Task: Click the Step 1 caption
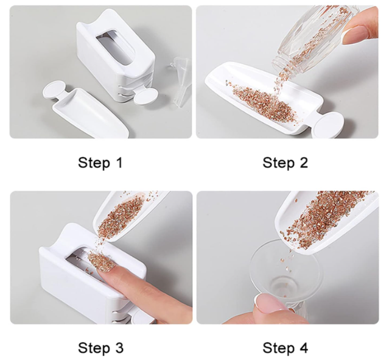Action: click(100, 163)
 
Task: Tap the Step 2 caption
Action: click(285, 163)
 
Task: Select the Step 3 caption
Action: click(101, 348)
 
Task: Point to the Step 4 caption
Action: click(285, 348)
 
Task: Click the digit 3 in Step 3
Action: click(119, 347)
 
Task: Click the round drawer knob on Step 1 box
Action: click(145, 96)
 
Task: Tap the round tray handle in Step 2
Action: click(329, 124)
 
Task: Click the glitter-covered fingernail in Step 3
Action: click(99, 262)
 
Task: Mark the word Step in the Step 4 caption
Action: click(279, 348)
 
